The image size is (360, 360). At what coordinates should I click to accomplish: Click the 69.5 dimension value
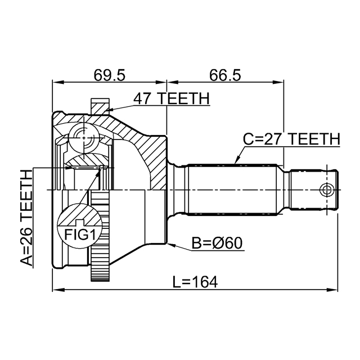point(110,74)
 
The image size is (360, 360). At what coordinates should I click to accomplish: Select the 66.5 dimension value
point(225,74)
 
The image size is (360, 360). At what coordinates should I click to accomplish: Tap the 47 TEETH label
point(171,98)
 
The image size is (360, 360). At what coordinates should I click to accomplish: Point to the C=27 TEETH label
point(291,138)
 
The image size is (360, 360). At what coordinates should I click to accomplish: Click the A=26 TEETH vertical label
point(25,217)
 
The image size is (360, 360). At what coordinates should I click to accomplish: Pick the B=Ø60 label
point(217,244)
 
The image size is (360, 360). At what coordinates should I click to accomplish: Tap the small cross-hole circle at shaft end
point(325,189)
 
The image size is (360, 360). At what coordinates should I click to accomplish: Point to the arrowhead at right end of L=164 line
point(333,290)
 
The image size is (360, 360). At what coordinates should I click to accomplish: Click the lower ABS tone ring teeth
point(100,236)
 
